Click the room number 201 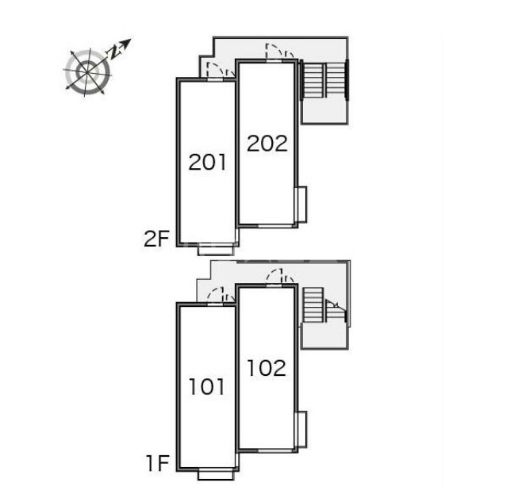208,162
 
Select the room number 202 267,144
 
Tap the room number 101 207,387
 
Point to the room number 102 267,368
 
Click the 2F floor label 156,239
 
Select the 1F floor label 158,463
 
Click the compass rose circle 87,72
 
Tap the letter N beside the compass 114,52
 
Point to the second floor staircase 324,79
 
